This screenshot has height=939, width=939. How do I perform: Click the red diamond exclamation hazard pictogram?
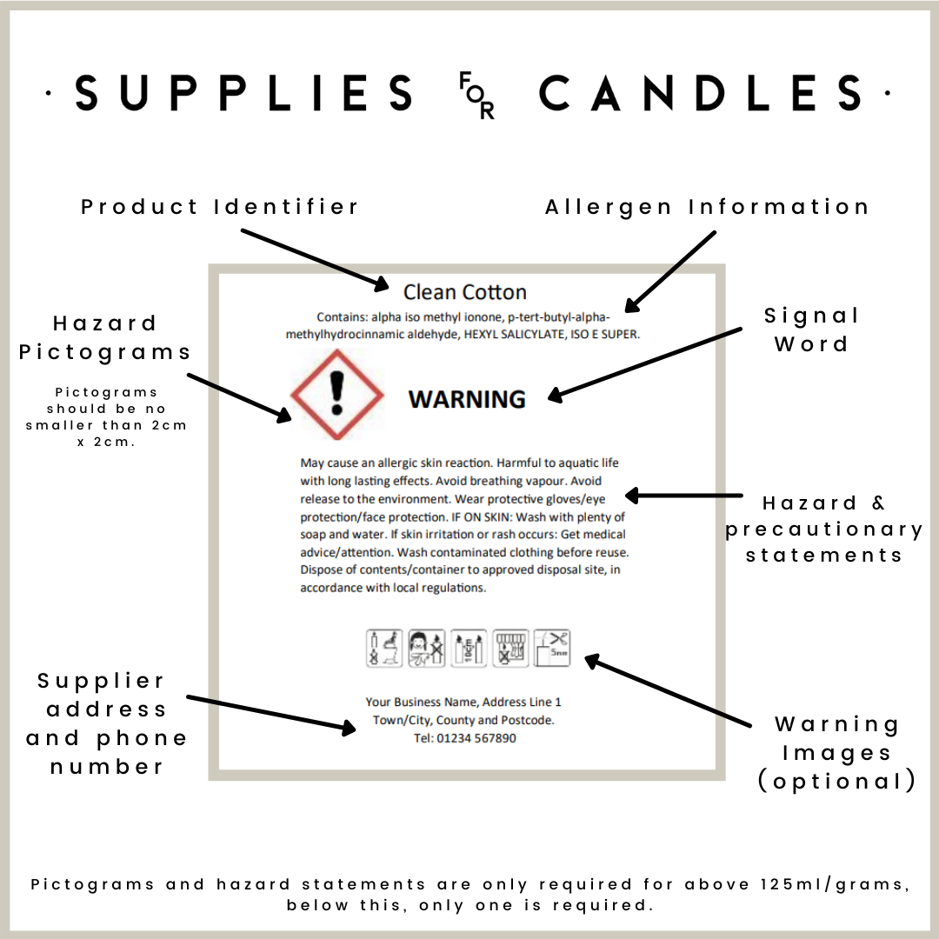pos(336,395)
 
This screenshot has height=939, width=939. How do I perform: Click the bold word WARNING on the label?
pos(467,399)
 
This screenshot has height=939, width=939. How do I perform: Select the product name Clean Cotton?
pos(464,292)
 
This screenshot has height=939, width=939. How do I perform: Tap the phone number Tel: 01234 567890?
pos(464,738)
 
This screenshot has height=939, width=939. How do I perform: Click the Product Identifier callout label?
pos(220,207)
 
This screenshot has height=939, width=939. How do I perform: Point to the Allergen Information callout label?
pos(707,207)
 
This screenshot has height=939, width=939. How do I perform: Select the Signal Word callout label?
pos(811,330)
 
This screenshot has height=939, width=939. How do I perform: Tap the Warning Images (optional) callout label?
pos(836,752)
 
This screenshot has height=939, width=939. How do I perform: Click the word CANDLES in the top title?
pos(700,93)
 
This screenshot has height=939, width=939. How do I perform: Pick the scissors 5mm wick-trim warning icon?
pos(551,648)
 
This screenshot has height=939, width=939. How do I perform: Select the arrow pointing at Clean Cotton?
pos(315,258)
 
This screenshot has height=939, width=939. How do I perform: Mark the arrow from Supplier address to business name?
pos(271,713)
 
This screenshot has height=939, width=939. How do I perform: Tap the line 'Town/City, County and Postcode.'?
pos(463,720)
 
